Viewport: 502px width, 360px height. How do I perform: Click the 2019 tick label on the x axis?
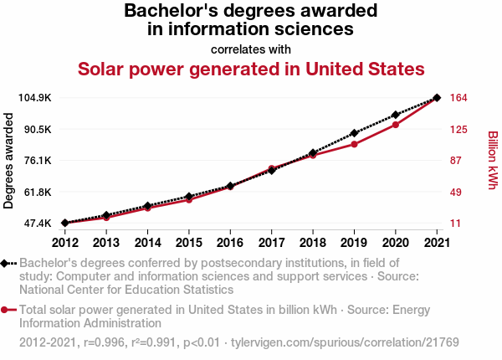point(354,243)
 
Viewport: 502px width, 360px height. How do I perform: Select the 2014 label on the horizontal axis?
point(147,243)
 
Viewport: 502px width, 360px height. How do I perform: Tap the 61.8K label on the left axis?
point(37,193)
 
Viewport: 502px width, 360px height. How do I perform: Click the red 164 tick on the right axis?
point(458,98)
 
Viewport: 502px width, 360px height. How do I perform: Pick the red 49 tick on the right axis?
point(456,193)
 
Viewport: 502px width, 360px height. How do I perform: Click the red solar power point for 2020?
point(396,125)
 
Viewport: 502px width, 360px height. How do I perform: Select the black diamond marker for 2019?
point(354,133)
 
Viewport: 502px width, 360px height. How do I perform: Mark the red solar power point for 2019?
point(354,144)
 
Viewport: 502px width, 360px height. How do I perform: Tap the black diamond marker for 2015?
point(189,196)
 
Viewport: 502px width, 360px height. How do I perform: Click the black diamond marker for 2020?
point(396,115)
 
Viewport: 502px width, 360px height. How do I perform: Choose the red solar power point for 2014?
point(147,208)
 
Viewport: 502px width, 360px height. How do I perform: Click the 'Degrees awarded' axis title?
point(9,161)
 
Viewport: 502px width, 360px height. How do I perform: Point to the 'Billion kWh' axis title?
point(493,160)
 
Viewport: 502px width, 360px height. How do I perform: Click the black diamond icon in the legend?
point(6,263)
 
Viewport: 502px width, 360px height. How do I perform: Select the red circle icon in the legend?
point(6,310)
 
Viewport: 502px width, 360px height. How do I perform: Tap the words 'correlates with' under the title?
point(251,49)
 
